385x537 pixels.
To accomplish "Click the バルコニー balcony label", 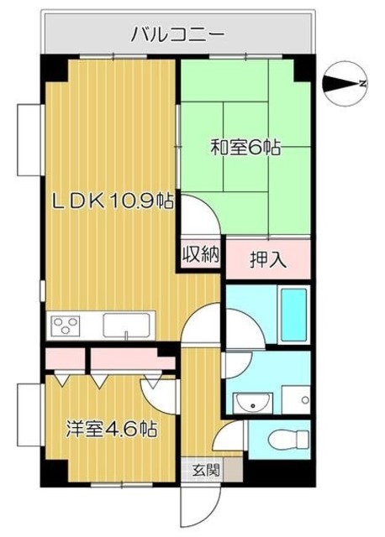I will tap(177, 34).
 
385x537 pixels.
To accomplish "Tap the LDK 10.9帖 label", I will tap(114, 201).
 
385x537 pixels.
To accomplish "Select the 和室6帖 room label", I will tap(245, 149).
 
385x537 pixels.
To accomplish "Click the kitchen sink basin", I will tap(129, 323).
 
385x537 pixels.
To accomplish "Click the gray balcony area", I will tap(177, 34).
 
